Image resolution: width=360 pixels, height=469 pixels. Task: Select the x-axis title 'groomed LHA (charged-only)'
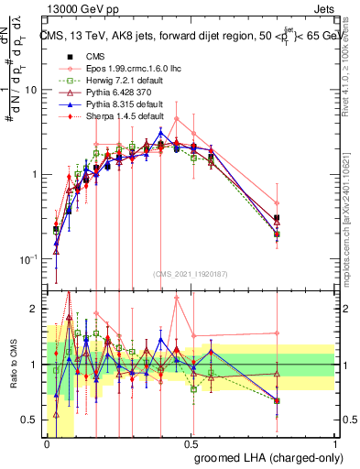(265, 457)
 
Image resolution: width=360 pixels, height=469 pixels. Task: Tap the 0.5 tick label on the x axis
(191, 442)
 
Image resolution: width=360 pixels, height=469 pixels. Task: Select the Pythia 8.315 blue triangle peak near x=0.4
(161, 132)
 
